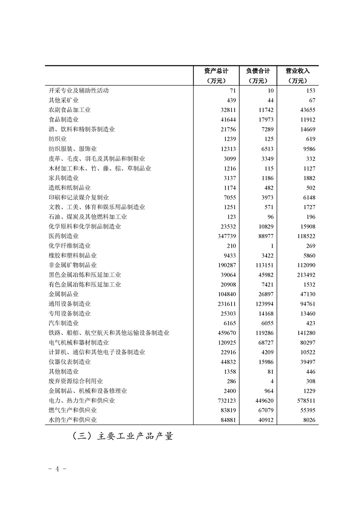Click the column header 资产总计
point(216,71)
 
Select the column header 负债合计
point(258,71)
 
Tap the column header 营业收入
point(297,71)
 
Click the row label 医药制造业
point(64,236)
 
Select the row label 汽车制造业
point(64,323)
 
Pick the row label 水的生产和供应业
point(73,420)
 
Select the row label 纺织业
point(58,139)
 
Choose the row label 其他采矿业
point(64,100)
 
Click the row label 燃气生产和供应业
point(73,411)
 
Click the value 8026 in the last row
point(308,420)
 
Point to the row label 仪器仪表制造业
point(69,362)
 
